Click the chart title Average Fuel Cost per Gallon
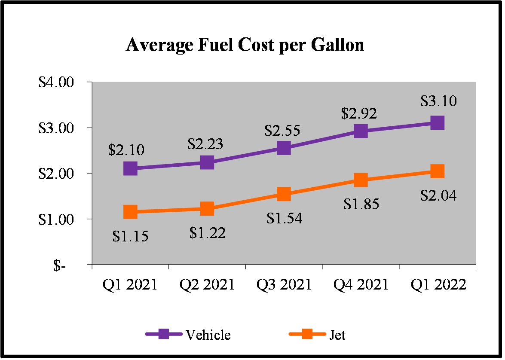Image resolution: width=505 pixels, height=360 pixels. [245, 45]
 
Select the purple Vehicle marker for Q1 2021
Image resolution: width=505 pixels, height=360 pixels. [130, 168]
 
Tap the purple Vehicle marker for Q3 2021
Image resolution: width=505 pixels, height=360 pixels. [284, 148]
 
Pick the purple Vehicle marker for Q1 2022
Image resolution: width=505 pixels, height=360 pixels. [437, 123]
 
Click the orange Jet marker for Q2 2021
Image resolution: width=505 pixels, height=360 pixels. [207, 209]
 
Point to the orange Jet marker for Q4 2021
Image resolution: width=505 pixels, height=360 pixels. [361, 180]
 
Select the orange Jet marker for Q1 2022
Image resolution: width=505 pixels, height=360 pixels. [437, 171]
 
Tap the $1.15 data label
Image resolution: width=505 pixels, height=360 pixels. [130, 236]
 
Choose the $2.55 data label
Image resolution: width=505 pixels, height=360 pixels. [282, 130]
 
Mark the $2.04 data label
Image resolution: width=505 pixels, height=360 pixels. [438, 196]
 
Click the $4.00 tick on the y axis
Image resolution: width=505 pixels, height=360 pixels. [56, 82]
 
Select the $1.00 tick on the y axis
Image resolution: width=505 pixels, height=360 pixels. [56, 219]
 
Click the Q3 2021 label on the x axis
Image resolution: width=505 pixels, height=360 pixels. [284, 285]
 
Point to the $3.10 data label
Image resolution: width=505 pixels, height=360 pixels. [438, 101]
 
